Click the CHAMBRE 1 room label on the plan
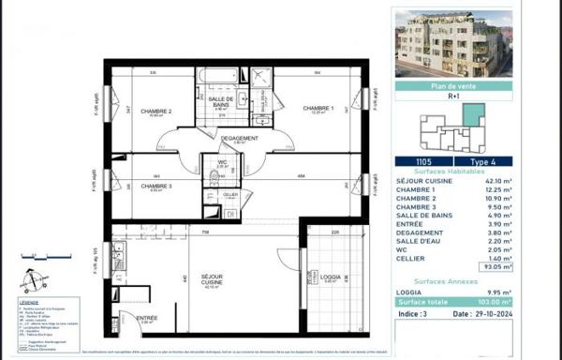point(318,109)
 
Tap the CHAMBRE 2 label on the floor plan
point(156,112)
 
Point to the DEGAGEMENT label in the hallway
point(239,139)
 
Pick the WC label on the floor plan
point(222,162)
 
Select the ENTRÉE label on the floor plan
point(147,319)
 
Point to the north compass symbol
point(32,279)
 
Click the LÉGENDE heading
point(30,303)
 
